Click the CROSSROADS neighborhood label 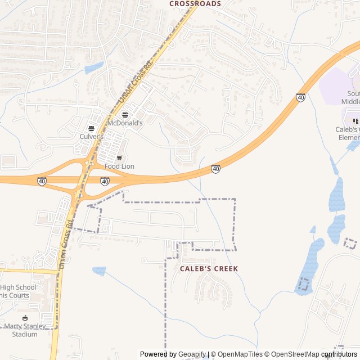click(x=195, y=3)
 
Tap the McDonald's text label click(x=125, y=123)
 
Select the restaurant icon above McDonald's click(x=125, y=115)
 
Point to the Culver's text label click(x=91, y=137)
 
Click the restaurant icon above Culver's click(x=91, y=128)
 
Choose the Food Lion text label click(x=119, y=166)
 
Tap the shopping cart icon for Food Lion click(x=119, y=158)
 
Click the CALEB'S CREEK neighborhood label click(x=209, y=269)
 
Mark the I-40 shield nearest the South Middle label click(x=301, y=97)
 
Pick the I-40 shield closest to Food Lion click(x=105, y=181)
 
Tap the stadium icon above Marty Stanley click(x=24, y=318)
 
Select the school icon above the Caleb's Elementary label click(x=355, y=121)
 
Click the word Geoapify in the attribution click(x=192, y=354)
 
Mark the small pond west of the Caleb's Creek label click(x=99, y=271)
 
